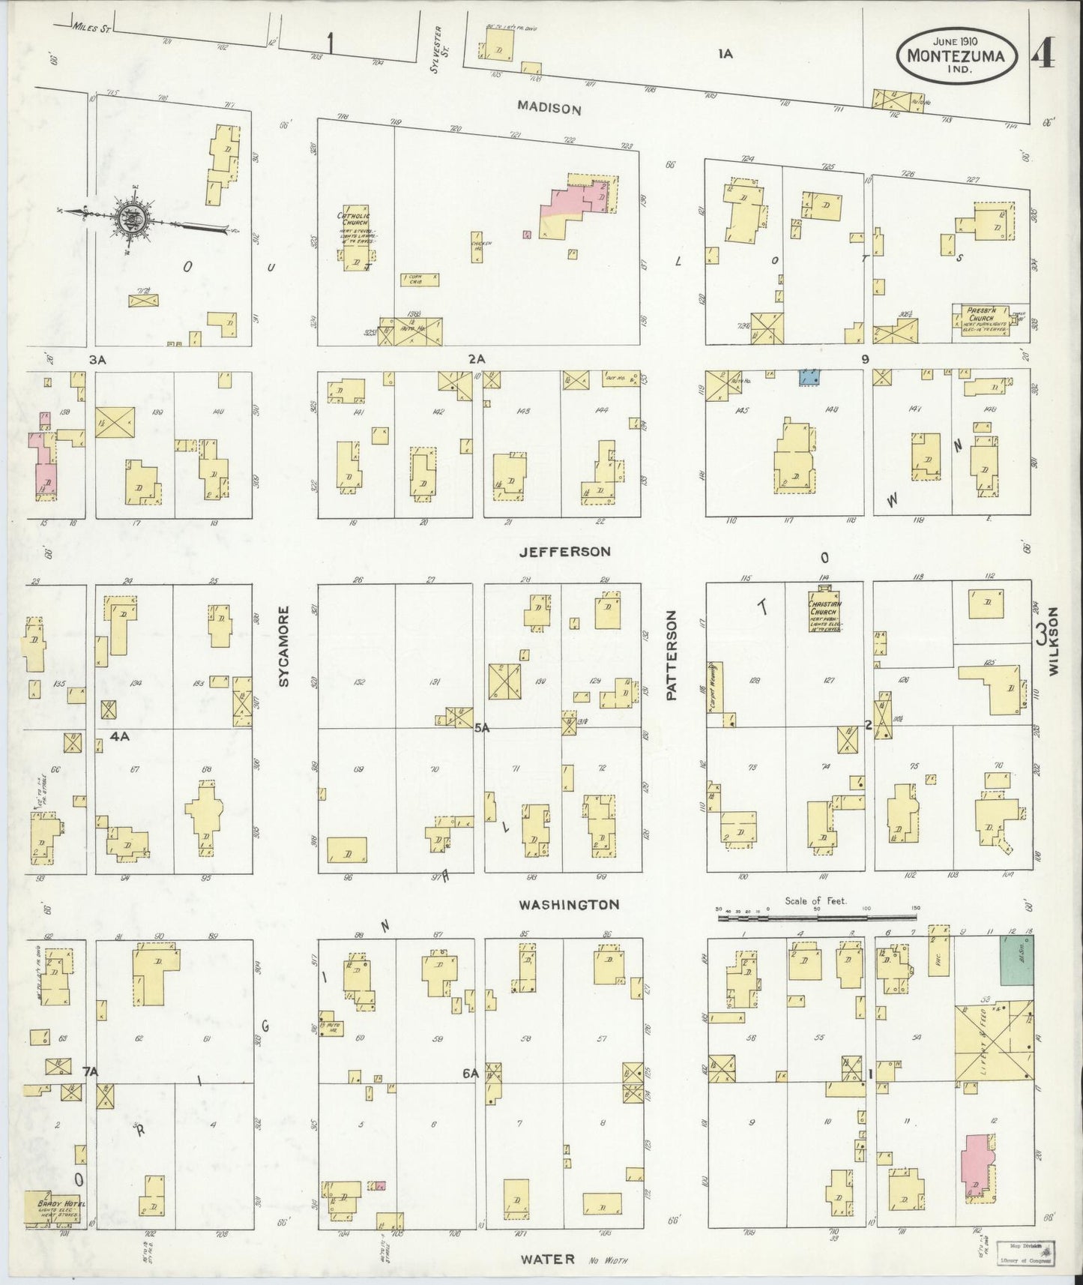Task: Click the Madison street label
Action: click(x=549, y=108)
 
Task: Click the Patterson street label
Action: click(x=672, y=655)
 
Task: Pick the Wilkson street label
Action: click(x=1055, y=642)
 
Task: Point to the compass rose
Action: click(x=132, y=220)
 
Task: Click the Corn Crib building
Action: click(x=419, y=279)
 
